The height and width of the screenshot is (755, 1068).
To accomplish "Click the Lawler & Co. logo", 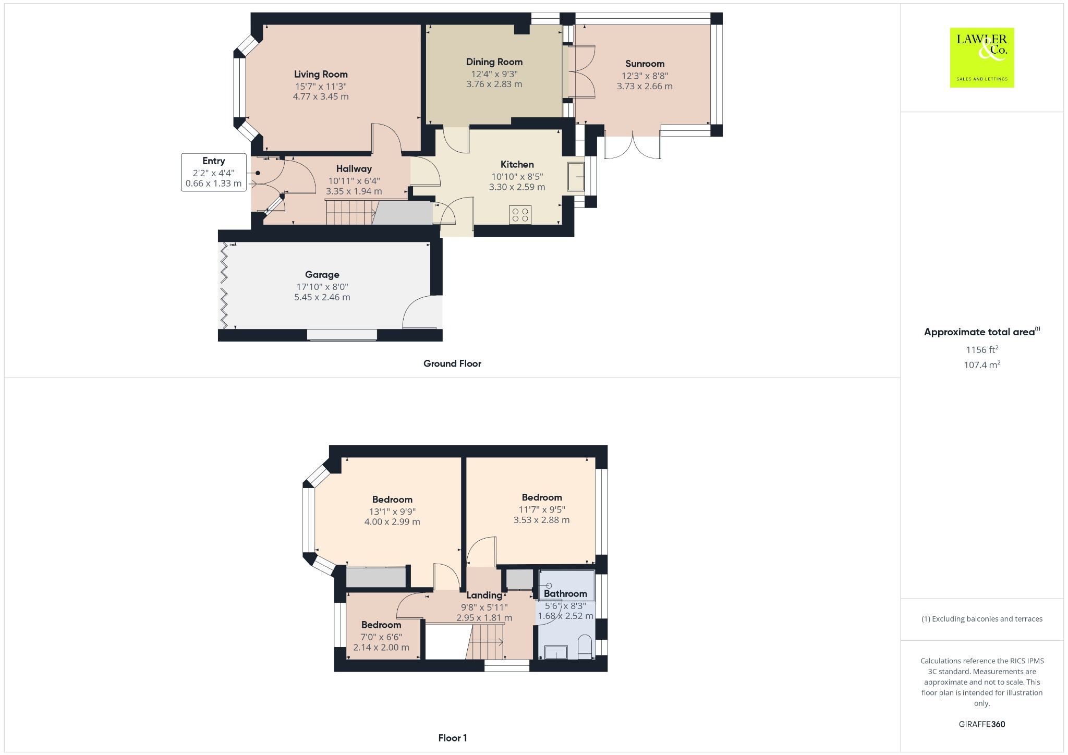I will click(981, 57).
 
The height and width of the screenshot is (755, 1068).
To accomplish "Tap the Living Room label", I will click(320, 75).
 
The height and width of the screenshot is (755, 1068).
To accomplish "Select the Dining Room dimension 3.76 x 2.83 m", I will click(494, 84).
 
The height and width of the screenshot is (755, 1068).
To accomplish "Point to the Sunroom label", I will click(645, 64).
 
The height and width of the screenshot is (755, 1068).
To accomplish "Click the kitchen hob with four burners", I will click(520, 215).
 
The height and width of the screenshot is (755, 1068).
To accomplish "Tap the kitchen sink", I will click(576, 177).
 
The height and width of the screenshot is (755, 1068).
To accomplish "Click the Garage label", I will click(322, 275).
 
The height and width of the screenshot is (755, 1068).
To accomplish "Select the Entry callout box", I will click(213, 172).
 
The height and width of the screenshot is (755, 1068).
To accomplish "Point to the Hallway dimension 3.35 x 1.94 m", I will click(354, 191).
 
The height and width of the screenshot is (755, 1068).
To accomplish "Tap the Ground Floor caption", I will click(452, 364).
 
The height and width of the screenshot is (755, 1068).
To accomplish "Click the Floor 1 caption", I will click(452, 738).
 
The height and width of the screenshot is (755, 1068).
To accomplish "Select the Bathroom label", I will click(565, 594).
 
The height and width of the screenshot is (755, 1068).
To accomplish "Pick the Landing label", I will click(484, 595).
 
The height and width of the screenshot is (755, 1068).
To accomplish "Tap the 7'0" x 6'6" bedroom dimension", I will click(381, 637).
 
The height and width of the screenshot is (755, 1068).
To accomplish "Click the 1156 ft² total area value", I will click(981, 350).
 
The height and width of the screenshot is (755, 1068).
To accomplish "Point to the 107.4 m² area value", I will click(981, 365).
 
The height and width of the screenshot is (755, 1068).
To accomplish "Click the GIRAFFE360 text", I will click(981, 724).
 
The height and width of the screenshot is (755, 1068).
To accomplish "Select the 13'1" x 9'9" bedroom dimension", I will click(392, 512).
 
